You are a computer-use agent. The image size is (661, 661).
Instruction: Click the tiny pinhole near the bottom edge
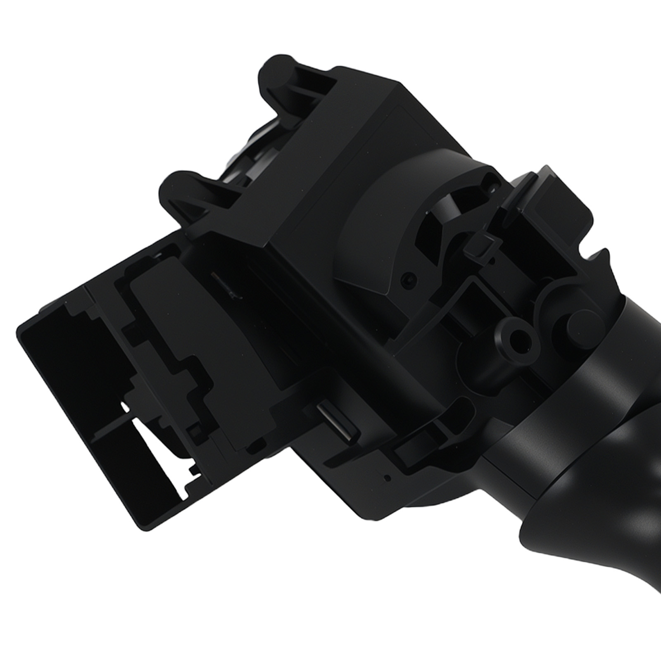[x=387, y=478]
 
